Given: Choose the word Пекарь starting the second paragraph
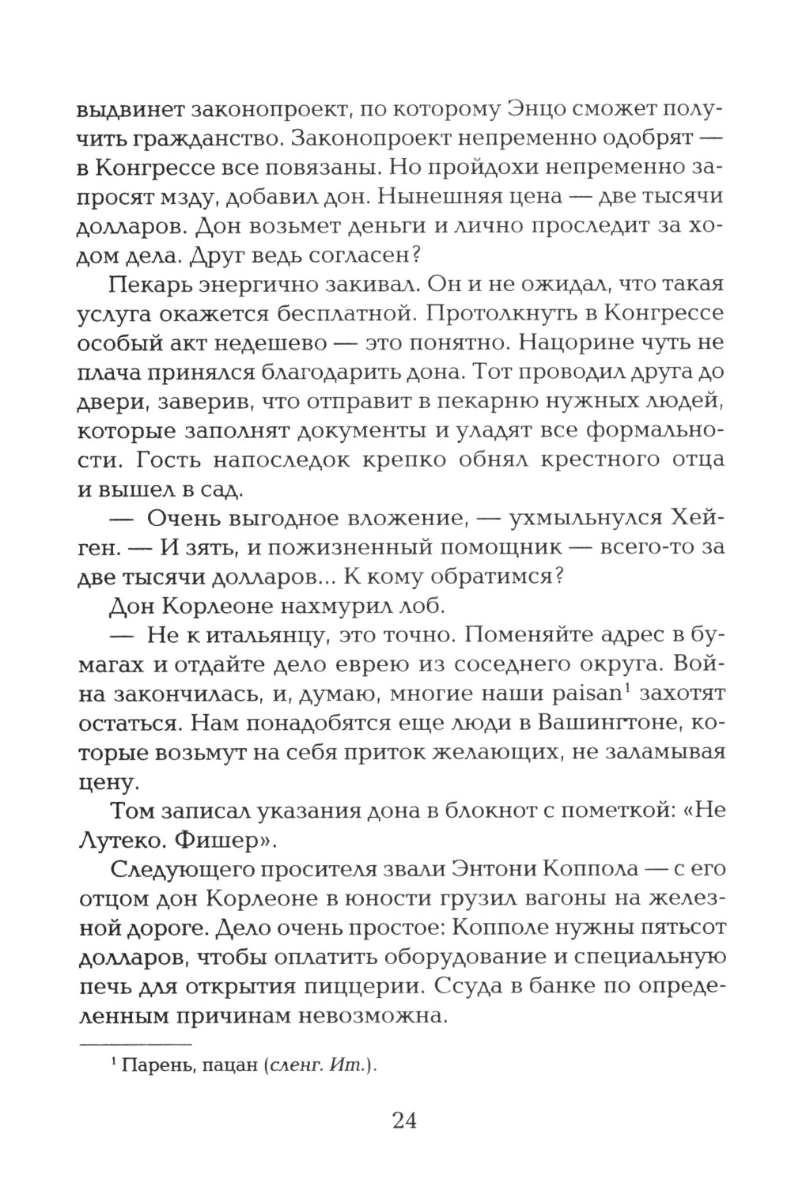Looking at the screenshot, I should (x=146, y=284).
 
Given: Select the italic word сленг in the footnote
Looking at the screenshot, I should (x=296, y=1065).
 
